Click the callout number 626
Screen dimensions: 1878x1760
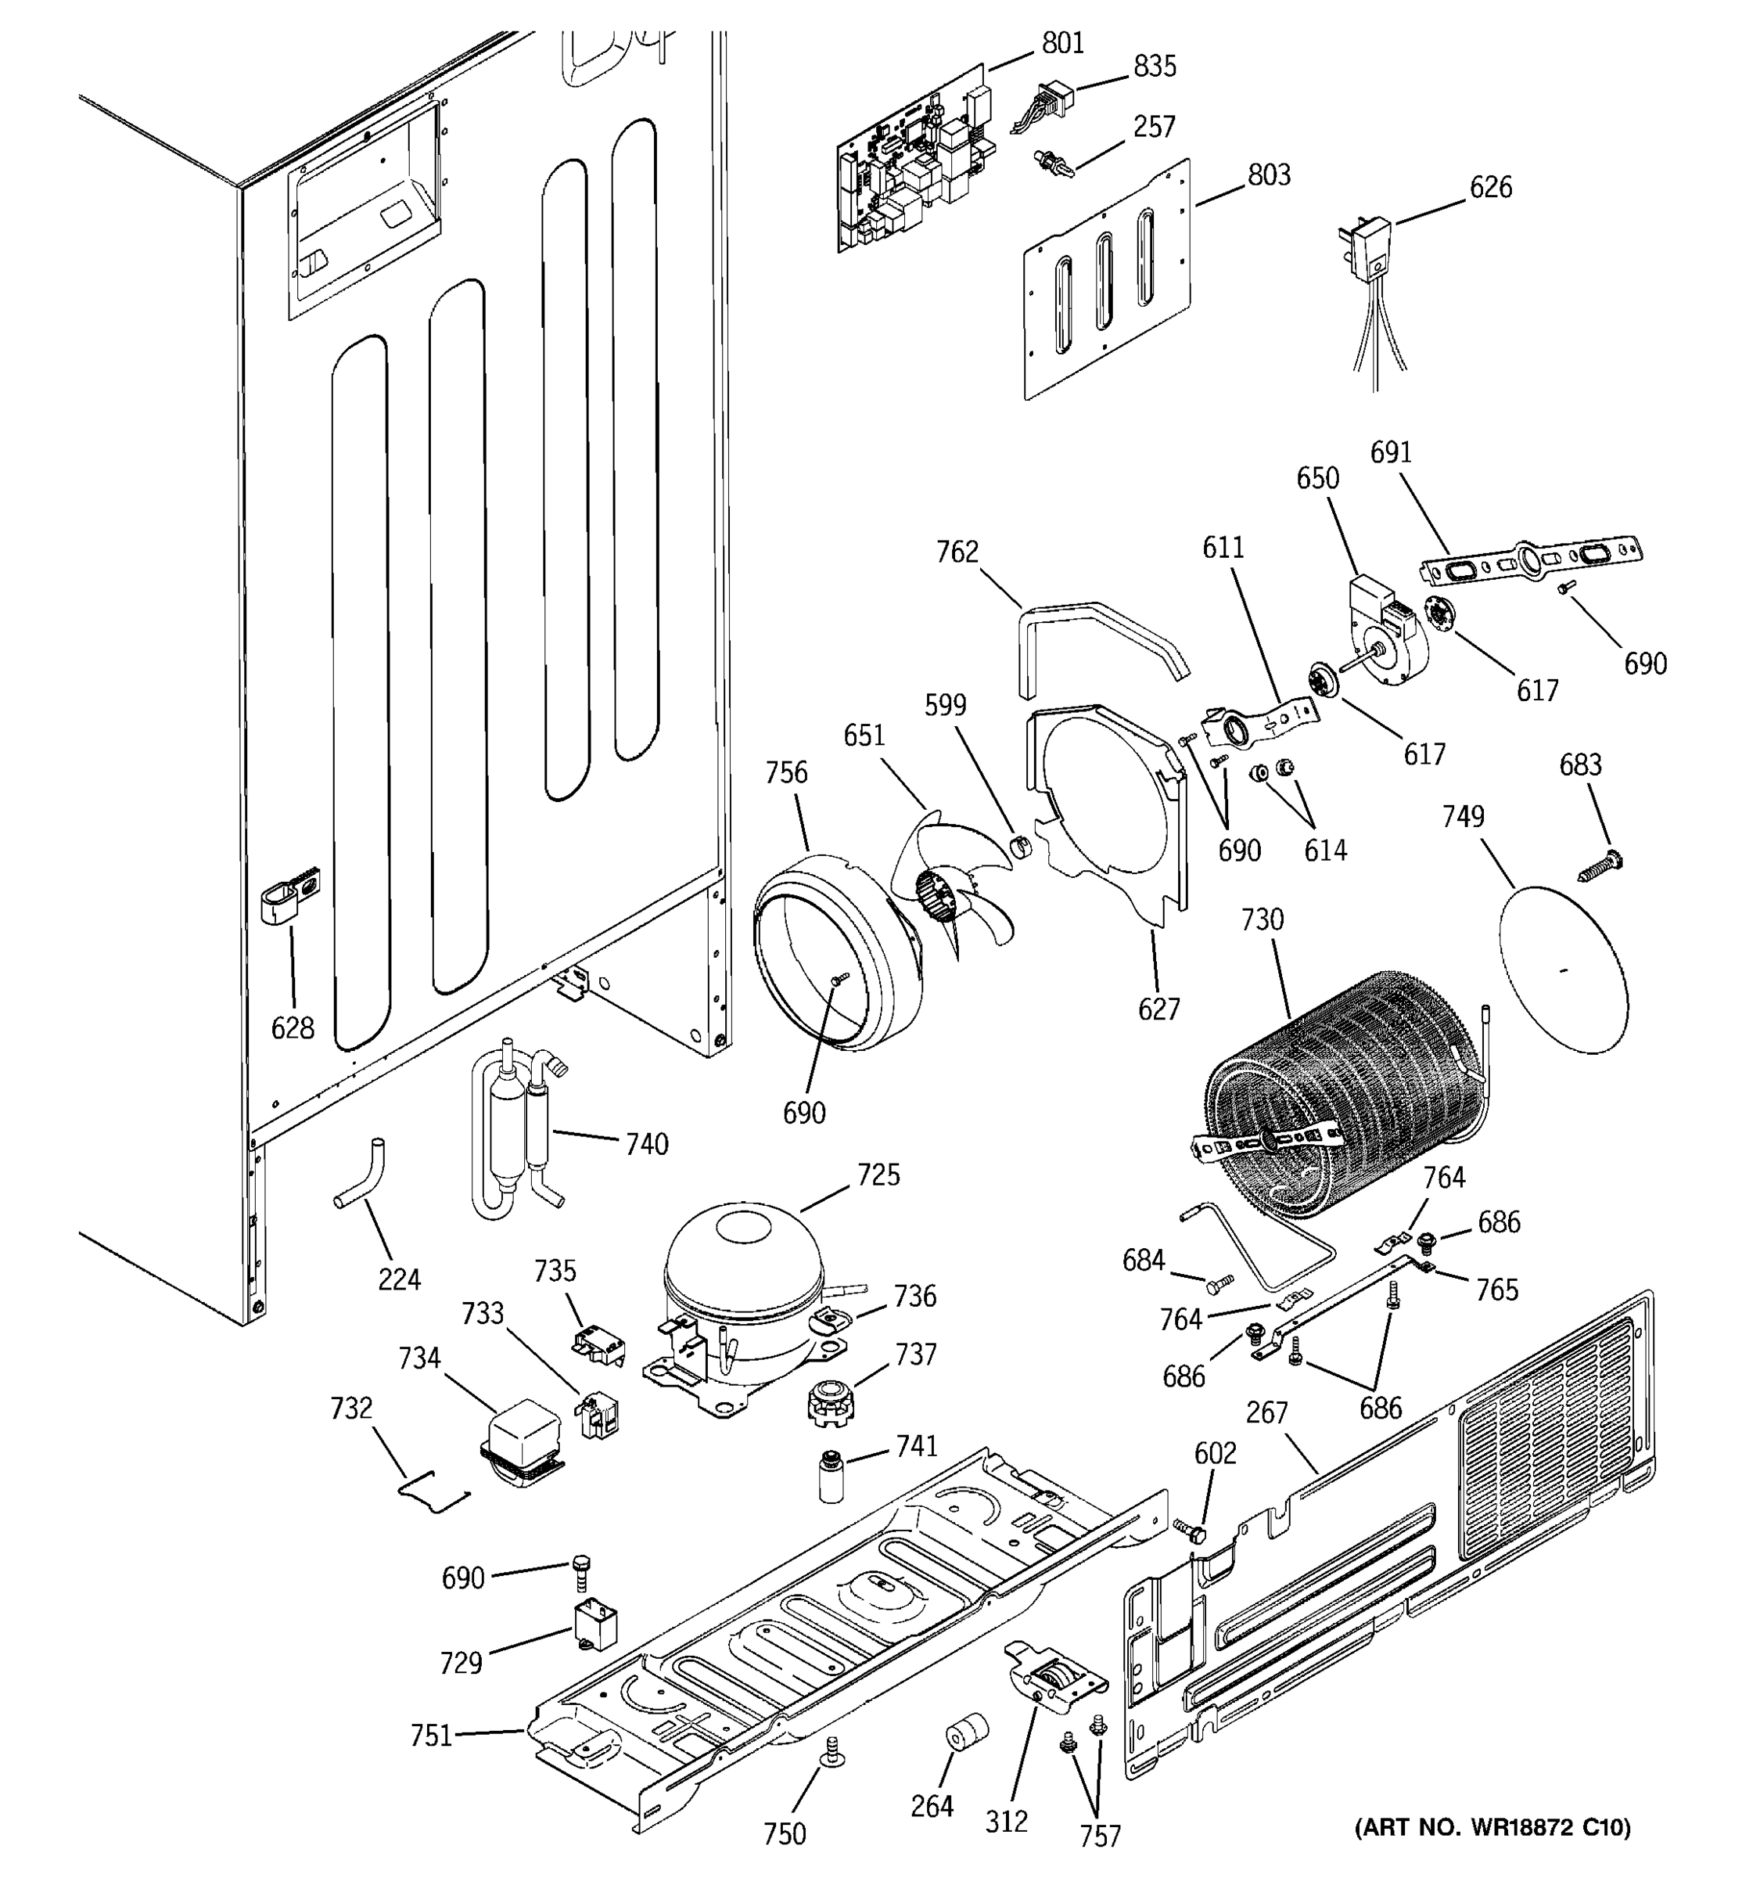(x=1490, y=187)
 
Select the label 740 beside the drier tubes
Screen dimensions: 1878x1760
(x=647, y=1144)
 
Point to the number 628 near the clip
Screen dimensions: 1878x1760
(x=293, y=1027)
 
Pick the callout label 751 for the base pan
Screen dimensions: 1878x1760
(x=430, y=1736)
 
